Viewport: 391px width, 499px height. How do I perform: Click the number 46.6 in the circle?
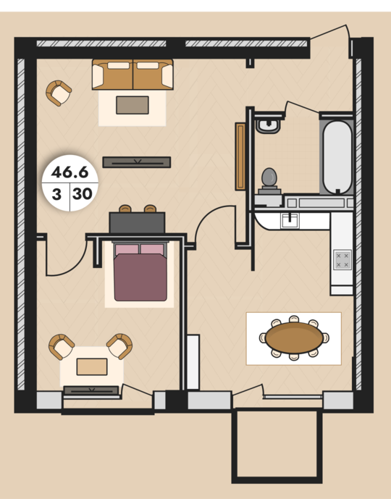coord(70,172)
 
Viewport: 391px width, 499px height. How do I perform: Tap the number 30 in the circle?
coord(83,193)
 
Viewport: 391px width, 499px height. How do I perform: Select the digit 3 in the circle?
coord(56,194)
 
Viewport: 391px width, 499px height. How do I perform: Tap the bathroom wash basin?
coord(268,125)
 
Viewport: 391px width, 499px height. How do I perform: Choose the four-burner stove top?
coord(342,260)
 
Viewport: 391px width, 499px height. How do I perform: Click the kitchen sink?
coord(290,220)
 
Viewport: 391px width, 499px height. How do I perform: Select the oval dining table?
coord(294,337)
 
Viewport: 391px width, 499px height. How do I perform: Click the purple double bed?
coord(140,272)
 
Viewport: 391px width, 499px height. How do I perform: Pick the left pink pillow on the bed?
coord(127,249)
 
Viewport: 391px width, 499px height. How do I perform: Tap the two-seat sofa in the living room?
coord(133,75)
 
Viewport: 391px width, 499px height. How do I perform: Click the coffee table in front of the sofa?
coord(133,105)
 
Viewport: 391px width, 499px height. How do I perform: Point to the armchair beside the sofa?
coord(59,93)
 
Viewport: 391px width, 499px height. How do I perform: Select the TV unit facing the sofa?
coord(137,162)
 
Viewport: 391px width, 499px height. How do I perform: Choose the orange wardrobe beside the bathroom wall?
coord(240,156)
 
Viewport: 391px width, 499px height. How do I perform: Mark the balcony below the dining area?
coord(277,446)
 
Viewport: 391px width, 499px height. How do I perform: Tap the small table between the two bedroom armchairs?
coord(92,366)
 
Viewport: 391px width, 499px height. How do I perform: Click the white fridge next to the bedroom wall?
coord(193,362)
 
